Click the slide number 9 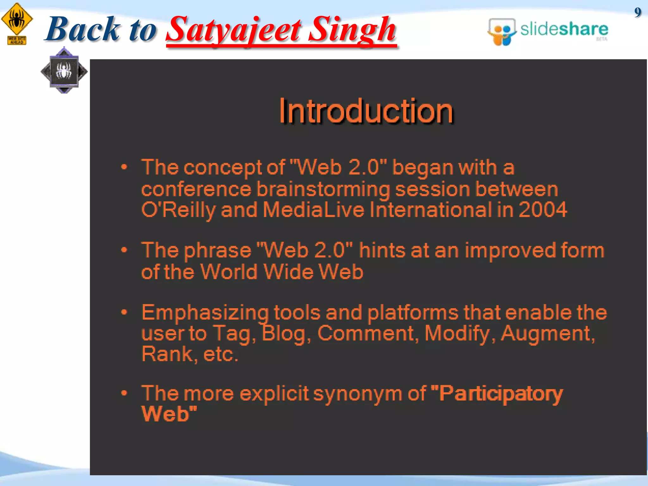point(638,12)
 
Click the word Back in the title point(83,29)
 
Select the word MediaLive point(314,210)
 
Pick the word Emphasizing point(205,313)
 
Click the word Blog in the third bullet point(284,333)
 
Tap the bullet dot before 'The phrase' point(124,250)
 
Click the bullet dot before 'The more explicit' point(124,393)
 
